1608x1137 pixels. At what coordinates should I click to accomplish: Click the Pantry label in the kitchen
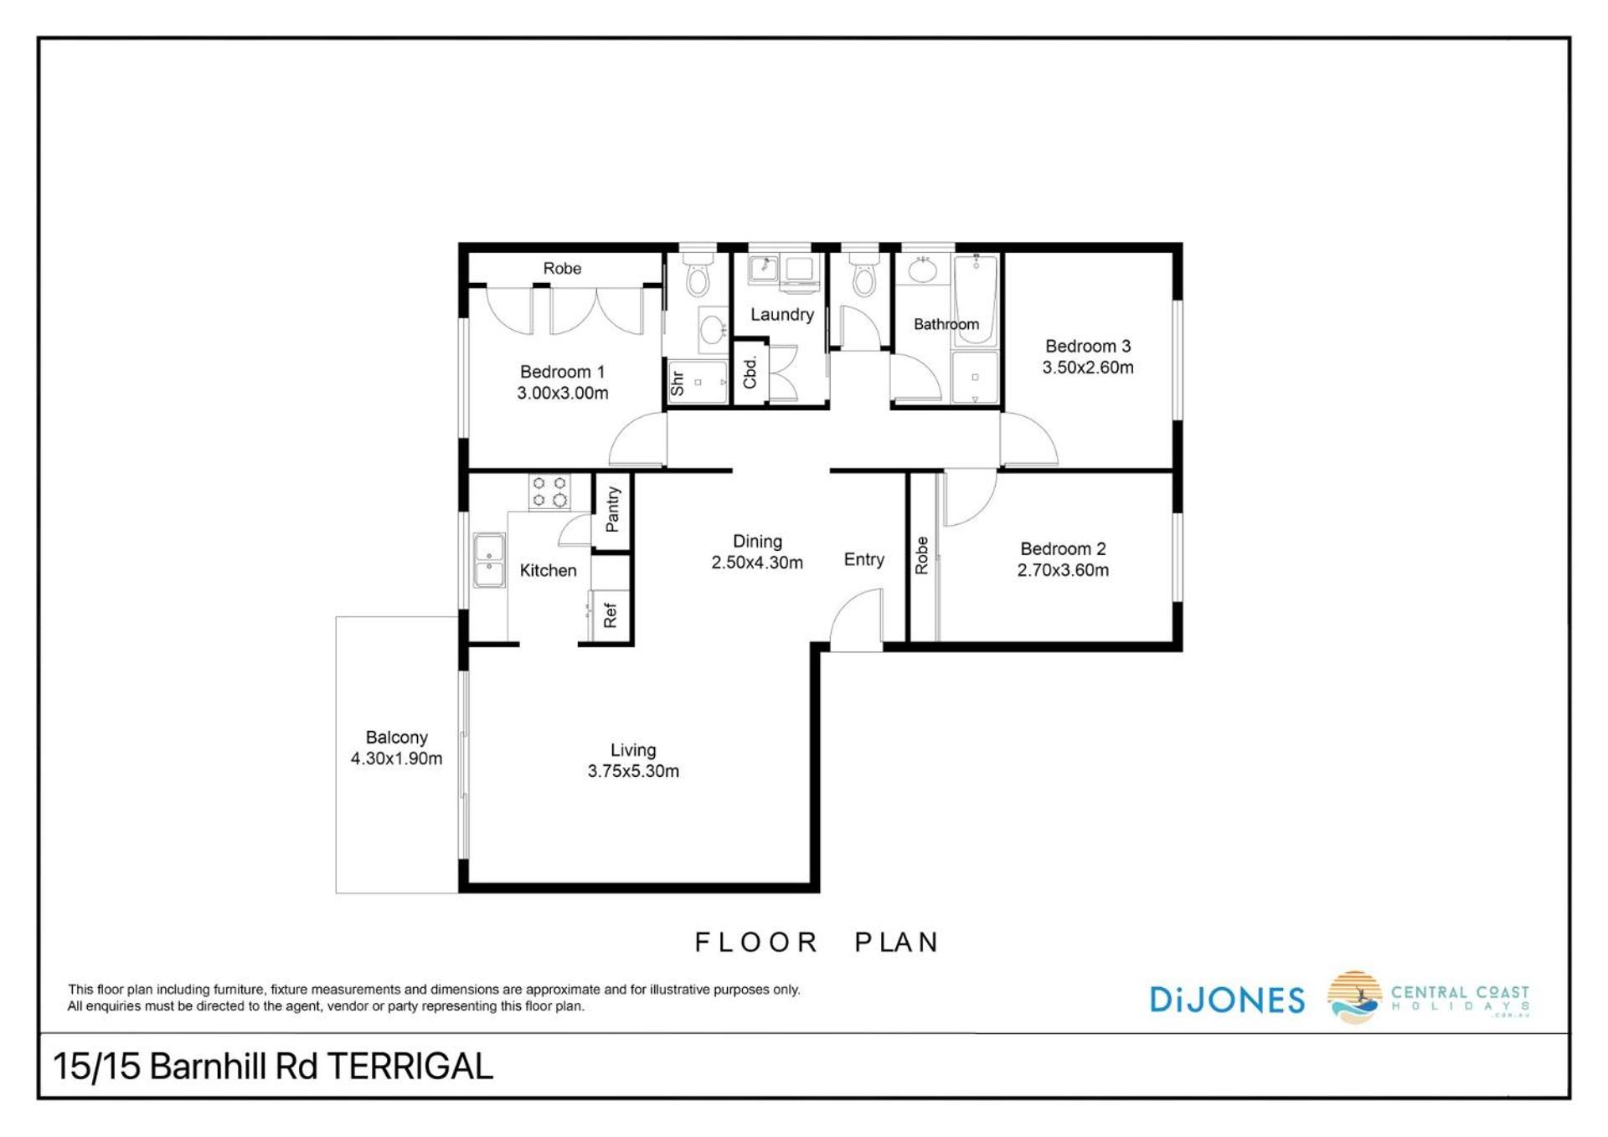[x=612, y=509]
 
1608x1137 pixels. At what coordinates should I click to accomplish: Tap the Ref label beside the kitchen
[x=610, y=615]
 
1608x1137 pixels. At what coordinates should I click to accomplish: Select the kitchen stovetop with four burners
[x=549, y=491]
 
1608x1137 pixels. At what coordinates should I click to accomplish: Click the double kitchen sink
[x=489, y=560]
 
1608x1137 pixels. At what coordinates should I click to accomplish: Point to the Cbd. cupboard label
[x=750, y=372]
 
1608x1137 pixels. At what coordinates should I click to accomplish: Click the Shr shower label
[x=677, y=383]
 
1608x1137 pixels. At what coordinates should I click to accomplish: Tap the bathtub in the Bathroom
[x=976, y=299]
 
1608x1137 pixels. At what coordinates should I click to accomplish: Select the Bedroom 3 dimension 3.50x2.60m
[x=1088, y=367]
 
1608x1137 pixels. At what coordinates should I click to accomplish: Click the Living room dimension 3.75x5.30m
[x=633, y=771]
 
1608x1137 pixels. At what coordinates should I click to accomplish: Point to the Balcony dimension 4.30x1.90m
[x=396, y=759]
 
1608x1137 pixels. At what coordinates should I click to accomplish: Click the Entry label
[x=863, y=559]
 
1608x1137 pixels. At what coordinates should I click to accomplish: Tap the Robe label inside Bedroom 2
[x=921, y=555]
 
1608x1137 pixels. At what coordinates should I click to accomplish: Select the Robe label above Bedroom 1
[x=562, y=268]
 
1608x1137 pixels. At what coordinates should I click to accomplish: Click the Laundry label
[x=782, y=315]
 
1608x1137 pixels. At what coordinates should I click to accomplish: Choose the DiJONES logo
[x=1227, y=999]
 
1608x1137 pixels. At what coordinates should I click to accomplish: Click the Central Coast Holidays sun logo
[x=1354, y=997]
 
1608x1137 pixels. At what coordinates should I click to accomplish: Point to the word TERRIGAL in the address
[x=410, y=1067]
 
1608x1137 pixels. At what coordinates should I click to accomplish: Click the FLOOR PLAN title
[x=817, y=942]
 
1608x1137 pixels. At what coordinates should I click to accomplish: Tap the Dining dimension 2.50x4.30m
[x=757, y=563]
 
